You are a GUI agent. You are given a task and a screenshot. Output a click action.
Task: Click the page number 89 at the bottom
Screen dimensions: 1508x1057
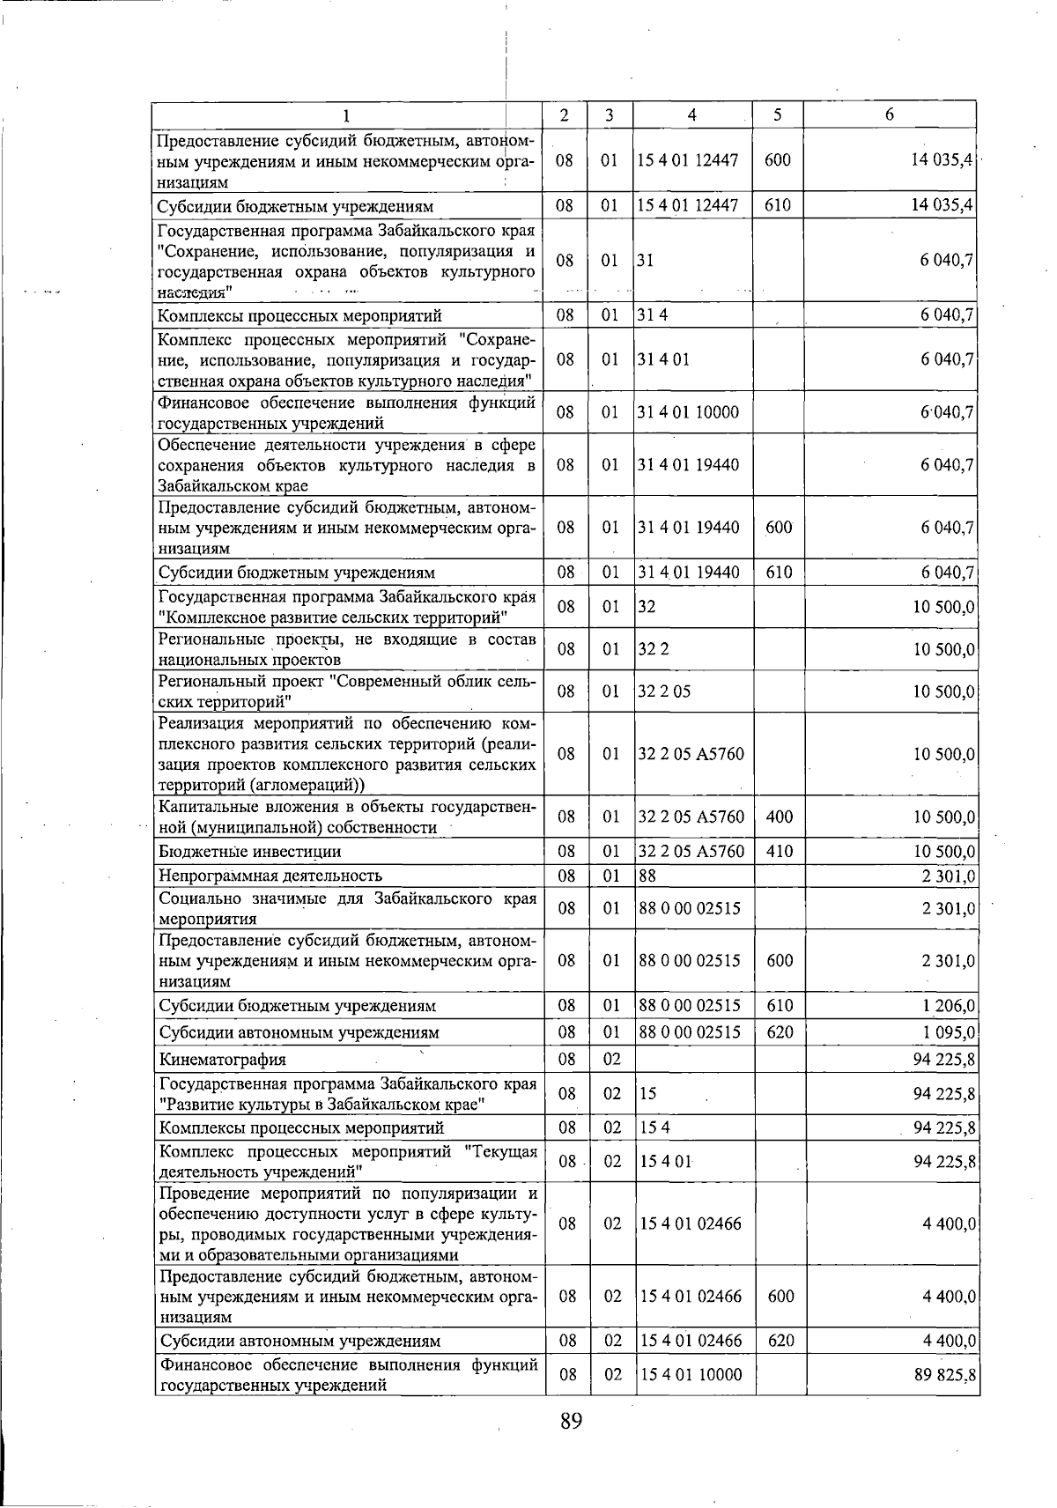[x=571, y=1421]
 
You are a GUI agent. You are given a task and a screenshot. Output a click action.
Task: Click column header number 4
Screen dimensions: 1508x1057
[x=692, y=115]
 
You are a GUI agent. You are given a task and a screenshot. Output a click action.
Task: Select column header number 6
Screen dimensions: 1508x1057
[x=890, y=115]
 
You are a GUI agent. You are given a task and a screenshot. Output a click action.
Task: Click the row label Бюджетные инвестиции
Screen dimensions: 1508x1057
[x=249, y=852]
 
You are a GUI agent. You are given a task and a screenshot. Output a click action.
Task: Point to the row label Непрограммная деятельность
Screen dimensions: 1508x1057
[x=270, y=876]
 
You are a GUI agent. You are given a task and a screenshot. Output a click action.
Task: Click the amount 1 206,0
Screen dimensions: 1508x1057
[x=949, y=1006]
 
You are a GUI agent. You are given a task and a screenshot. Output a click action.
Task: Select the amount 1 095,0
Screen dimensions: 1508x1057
[x=949, y=1032]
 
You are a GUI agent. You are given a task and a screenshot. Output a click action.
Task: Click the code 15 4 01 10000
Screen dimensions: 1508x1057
[x=691, y=1374]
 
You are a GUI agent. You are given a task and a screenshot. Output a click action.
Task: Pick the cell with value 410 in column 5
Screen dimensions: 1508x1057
[x=780, y=852]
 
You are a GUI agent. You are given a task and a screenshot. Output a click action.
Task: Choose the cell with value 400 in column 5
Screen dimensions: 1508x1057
[x=780, y=817]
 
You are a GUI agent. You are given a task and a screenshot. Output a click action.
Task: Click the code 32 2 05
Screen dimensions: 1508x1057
[x=664, y=691]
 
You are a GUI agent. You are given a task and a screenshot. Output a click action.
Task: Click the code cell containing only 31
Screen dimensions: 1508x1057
[x=646, y=262]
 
